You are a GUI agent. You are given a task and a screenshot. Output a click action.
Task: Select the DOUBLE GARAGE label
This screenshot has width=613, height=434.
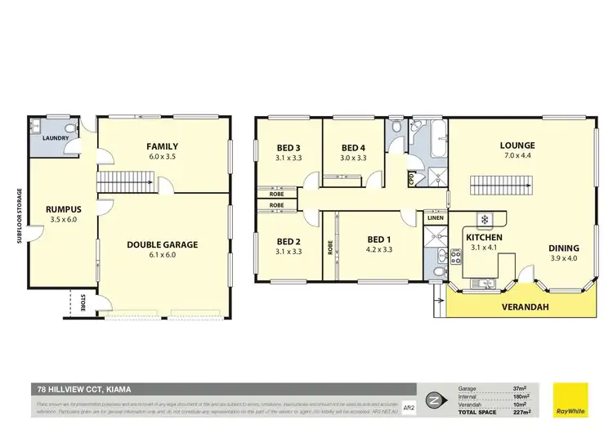pyautogui.click(x=162, y=244)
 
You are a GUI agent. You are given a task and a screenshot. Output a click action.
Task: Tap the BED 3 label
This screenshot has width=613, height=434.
pyautogui.click(x=289, y=148)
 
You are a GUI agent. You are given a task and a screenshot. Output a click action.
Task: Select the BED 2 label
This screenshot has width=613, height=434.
pyautogui.click(x=289, y=241)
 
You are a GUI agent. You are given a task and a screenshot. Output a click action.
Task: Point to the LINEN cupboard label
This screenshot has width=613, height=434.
pyautogui.click(x=435, y=217)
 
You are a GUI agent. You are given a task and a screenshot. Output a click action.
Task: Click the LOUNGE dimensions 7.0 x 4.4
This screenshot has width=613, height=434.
pyautogui.click(x=517, y=156)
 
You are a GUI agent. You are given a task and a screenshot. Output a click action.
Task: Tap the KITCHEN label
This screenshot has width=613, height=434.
pyautogui.click(x=484, y=237)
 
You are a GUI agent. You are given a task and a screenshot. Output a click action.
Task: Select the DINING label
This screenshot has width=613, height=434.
pyautogui.click(x=564, y=248)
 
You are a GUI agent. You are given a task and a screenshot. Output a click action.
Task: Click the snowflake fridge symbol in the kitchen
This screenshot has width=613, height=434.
pyautogui.click(x=483, y=219)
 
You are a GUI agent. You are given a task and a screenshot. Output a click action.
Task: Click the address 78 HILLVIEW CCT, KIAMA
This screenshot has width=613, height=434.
pyautogui.click(x=84, y=390)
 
